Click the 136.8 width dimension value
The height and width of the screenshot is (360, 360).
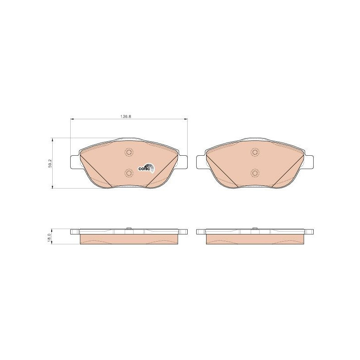coord(126,117)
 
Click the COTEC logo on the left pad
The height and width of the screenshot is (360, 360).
coord(146,168)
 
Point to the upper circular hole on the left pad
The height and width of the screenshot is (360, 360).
coord(129,152)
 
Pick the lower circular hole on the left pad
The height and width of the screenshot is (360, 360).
coord(129,173)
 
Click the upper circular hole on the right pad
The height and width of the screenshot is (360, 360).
coord(255,152)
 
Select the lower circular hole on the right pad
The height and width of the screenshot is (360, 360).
coord(255,173)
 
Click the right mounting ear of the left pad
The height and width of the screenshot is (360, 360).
coord(183,162)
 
